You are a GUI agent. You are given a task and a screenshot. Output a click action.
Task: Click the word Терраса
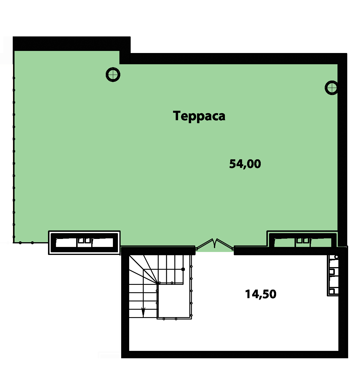[199, 116]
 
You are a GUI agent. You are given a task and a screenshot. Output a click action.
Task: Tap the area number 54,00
[245, 164]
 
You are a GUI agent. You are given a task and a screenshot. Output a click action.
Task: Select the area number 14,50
[261, 294]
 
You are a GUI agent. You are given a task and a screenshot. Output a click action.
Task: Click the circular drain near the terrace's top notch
[113, 75]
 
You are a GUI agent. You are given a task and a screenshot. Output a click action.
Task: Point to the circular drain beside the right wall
[332, 88]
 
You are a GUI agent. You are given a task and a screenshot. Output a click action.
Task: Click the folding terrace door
[215, 244]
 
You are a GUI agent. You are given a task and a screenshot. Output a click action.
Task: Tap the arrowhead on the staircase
[143, 312]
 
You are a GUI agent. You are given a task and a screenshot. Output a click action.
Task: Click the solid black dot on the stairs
[183, 269]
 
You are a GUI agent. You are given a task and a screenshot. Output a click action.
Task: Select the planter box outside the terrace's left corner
[84, 242]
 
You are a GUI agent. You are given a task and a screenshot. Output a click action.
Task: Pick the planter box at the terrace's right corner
[303, 239]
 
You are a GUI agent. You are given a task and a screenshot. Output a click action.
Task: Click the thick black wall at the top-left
[71, 44]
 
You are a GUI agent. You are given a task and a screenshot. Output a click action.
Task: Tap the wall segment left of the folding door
[158, 251]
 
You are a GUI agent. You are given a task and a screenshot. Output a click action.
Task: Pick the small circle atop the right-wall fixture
[336, 257]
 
